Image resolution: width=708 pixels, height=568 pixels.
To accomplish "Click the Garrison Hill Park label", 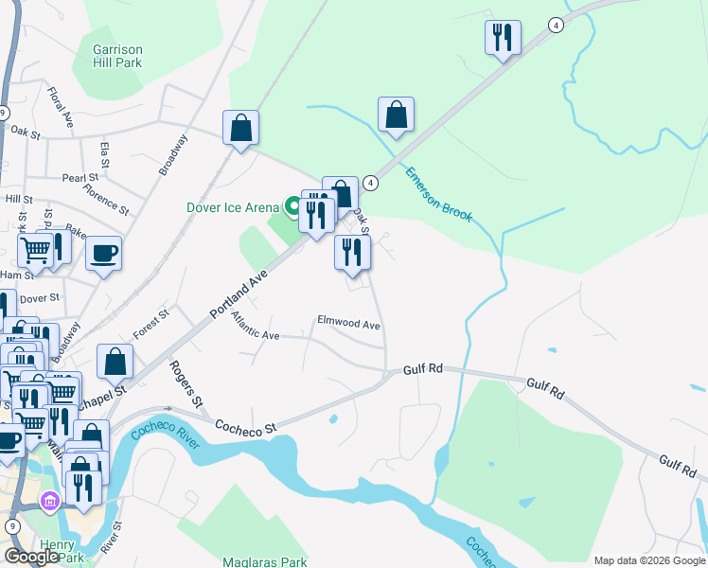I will [116, 56].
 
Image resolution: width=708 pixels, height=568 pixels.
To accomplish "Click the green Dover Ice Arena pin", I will [292, 205].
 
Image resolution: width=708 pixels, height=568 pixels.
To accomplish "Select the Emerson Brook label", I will [437, 194].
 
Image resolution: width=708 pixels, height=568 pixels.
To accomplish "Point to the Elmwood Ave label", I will [348, 325].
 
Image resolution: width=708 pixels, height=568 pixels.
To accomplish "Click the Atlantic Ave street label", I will [256, 328].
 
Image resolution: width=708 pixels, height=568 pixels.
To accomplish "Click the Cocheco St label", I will [244, 427].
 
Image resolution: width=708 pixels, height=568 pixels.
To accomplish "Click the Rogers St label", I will [186, 383].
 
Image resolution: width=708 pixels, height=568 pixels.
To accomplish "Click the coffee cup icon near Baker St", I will [103, 254].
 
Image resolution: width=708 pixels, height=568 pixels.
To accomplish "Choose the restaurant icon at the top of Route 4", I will [503, 38].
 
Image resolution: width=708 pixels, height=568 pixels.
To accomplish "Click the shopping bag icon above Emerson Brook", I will [396, 115].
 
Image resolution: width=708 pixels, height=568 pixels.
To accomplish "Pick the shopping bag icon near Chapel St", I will [115, 362].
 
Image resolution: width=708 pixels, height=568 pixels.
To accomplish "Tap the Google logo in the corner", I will [31, 556].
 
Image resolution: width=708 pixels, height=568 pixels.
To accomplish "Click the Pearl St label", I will [80, 177].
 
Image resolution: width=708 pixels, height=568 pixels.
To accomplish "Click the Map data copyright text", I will [650, 560].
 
